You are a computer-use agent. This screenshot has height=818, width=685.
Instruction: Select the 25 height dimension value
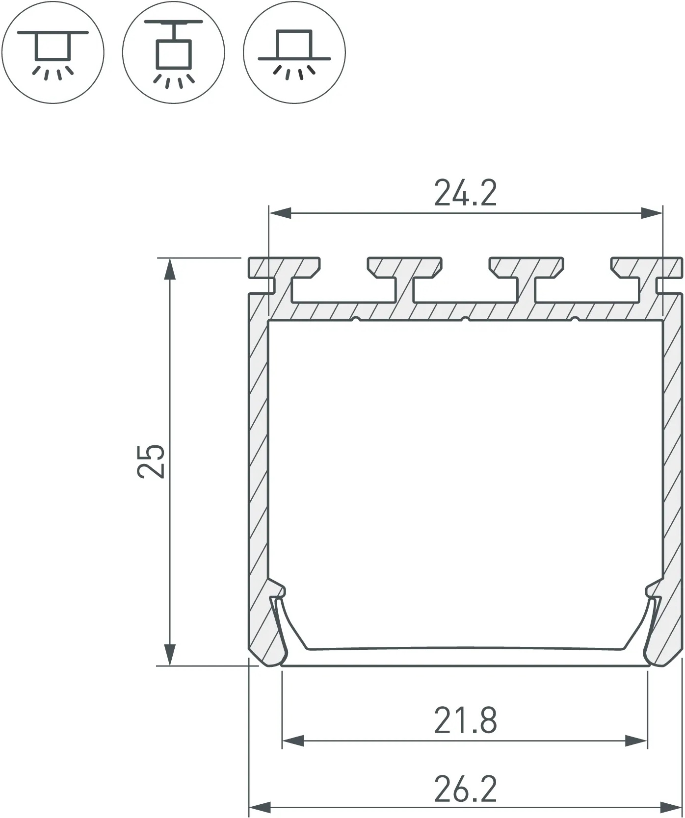click(151, 461)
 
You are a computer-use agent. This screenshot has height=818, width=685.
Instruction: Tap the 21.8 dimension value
click(465, 720)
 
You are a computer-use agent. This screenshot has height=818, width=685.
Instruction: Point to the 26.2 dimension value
click(465, 789)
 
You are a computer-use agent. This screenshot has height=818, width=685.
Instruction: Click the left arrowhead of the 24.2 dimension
click(280, 213)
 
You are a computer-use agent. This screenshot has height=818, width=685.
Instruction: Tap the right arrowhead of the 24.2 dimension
click(652, 213)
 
